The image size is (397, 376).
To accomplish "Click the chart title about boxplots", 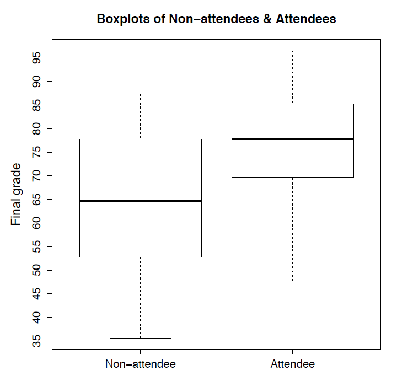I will (216, 19).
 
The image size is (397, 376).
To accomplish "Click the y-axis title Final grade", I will (17, 194).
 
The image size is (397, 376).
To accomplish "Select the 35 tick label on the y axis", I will (36, 341).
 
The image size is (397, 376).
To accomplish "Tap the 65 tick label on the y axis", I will (36, 200).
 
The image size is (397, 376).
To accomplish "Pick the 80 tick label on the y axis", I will (36, 129).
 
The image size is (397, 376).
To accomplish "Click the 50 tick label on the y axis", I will (36, 270).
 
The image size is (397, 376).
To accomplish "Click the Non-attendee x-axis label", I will (141, 364).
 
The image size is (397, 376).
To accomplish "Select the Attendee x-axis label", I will (292, 364).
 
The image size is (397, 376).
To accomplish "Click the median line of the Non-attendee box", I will (141, 201).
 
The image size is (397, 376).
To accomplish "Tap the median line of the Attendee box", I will (292, 139).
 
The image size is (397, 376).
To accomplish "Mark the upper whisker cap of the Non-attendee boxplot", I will (141, 94).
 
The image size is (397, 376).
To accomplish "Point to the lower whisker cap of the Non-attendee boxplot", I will (141, 338).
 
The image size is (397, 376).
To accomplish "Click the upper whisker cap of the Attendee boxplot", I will (292, 51).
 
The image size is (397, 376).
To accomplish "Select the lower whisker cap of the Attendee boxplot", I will (292, 281).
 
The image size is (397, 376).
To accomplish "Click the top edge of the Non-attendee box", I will (141, 139).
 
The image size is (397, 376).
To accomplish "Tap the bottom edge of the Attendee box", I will (292, 177).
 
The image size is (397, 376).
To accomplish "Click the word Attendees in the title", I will (305, 19).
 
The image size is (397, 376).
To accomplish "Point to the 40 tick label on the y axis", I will (36, 318).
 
